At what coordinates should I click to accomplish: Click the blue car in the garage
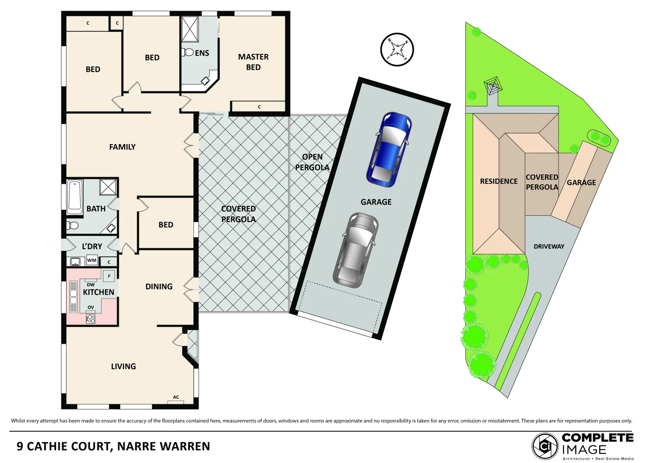tap(389, 149)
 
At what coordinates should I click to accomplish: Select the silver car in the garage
tap(356, 250)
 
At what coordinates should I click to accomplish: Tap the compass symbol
tap(397, 49)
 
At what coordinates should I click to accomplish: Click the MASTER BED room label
tap(253, 62)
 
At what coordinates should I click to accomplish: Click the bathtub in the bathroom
tap(75, 197)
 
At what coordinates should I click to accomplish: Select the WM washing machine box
tap(92, 260)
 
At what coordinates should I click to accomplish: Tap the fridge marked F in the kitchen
tap(109, 276)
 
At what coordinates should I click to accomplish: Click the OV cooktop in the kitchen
tap(91, 319)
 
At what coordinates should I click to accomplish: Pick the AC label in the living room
tap(176, 397)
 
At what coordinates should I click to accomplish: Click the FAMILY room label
tap(122, 147)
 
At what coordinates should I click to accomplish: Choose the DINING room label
tap(159, 287)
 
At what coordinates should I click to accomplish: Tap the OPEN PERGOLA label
tap(312, 162)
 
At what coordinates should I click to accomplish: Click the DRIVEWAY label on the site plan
tap(549, 247)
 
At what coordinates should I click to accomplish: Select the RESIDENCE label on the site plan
tap(498, 181)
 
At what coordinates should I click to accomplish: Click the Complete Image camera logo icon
tap(545, 446)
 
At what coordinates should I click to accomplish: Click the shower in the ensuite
tap(190, 29)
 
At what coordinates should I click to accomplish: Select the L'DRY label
tap(92, 247)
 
